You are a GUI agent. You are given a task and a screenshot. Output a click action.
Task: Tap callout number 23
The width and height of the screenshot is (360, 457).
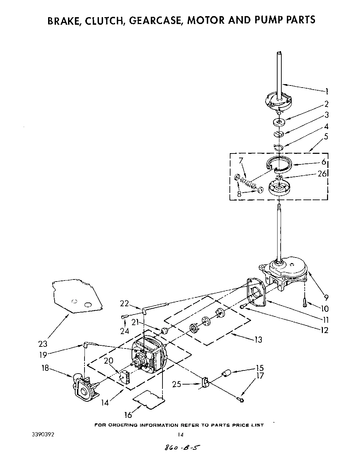point(43,344)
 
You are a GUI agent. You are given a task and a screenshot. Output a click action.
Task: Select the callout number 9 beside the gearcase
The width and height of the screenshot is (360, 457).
point(326,298)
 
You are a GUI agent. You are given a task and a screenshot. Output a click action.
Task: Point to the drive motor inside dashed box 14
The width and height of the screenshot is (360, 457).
point(150,356)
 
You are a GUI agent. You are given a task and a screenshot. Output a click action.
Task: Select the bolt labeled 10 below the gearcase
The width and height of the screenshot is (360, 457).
point(304,302)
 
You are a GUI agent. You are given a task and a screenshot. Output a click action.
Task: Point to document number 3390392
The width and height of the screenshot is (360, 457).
point(43,434)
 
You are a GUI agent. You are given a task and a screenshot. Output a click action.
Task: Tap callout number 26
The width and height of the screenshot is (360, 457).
point(322,173)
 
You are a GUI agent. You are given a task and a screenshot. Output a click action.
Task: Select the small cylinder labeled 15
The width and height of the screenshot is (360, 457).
point(226,373)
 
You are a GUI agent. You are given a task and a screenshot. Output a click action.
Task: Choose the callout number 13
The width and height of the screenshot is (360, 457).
point(258,340)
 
